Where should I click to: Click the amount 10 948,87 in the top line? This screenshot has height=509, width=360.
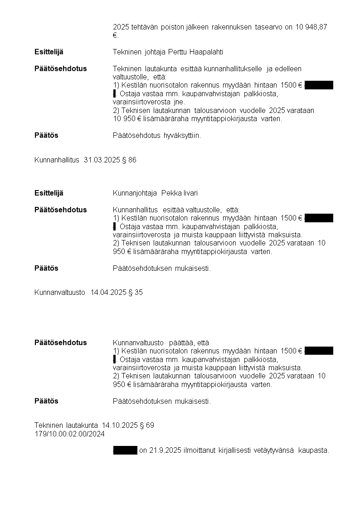[311, 27]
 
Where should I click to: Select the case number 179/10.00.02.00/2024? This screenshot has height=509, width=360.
[69, 434]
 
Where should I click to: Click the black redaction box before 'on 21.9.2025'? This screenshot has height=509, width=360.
[125, 450]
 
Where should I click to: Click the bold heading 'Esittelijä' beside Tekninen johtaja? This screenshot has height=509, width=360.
[49, 52]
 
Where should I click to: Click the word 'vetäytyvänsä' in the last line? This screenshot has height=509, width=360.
[272, 450]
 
